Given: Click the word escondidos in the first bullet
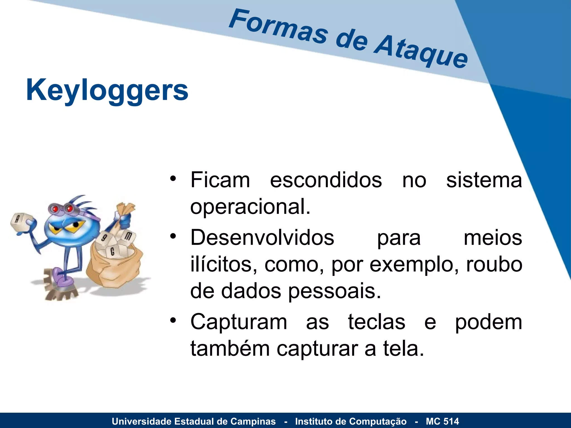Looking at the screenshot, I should [x=326, y=180].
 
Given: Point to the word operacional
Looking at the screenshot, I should [x=250, y=207].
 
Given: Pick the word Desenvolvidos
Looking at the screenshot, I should [x=262, y=238].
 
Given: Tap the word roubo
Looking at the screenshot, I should [x=494, y=264].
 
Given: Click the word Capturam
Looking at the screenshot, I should [x=239, y=322].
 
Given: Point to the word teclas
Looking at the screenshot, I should [x=376, y=322].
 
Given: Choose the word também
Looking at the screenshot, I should [x=230, y=349].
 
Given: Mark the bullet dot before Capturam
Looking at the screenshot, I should [x=173, y=320].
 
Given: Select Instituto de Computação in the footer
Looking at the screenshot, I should [x=351, y=421].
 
